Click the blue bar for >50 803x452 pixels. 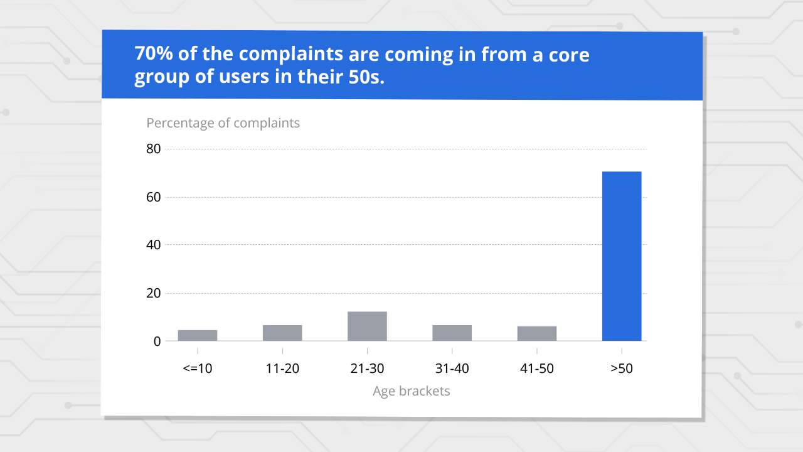tap(622, 256)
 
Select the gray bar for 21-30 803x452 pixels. tap(367, 326)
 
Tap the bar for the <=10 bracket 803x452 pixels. tap(198, 335)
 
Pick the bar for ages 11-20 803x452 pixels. tap(282, 333)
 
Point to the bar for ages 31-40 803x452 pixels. tap(452, 333)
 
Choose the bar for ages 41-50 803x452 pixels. tap(537, 333)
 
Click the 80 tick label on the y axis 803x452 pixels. tap(153, 149)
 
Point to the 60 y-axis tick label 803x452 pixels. tap(153, 197)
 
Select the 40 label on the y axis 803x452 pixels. tap(153, 245)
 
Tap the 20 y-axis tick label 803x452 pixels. tap(153, 293)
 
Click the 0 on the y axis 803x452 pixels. tap(157, 342)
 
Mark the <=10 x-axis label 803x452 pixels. tap(198, 369)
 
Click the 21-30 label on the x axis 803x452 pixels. tap(367, 369)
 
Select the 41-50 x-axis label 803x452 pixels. tap(537, 369)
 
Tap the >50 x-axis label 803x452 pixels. tap(622, 369)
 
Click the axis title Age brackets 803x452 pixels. tap(412, 391)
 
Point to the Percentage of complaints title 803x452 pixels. tap(223, 123)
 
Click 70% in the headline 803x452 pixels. tap(153, 54)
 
